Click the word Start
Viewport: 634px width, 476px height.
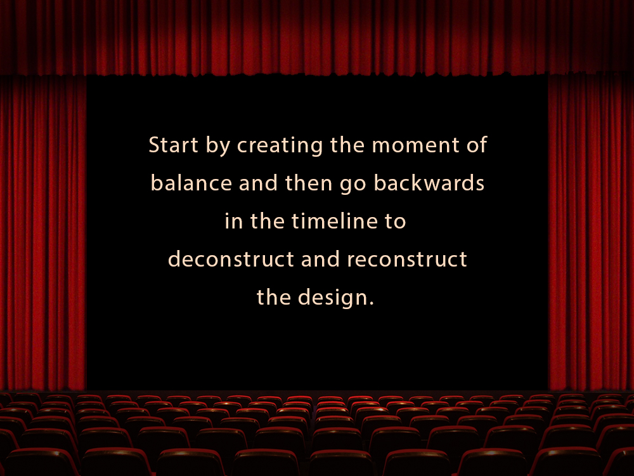174,145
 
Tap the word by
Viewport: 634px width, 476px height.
218,146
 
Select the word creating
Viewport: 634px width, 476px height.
280,146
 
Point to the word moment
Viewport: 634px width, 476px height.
416,145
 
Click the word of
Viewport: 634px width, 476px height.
477,145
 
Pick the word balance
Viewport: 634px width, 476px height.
191,183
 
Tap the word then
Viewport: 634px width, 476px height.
309,183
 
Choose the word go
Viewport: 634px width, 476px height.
353,185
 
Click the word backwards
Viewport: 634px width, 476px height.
429,183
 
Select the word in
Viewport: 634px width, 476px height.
234,221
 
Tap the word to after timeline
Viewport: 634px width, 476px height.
395,221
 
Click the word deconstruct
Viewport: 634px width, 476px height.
231,259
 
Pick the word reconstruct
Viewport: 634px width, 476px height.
407,260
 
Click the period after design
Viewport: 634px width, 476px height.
372,303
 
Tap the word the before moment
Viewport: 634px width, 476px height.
347,145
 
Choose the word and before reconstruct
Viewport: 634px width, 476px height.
321,259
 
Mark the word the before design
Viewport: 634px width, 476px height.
274,296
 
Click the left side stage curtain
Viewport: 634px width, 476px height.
43,233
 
